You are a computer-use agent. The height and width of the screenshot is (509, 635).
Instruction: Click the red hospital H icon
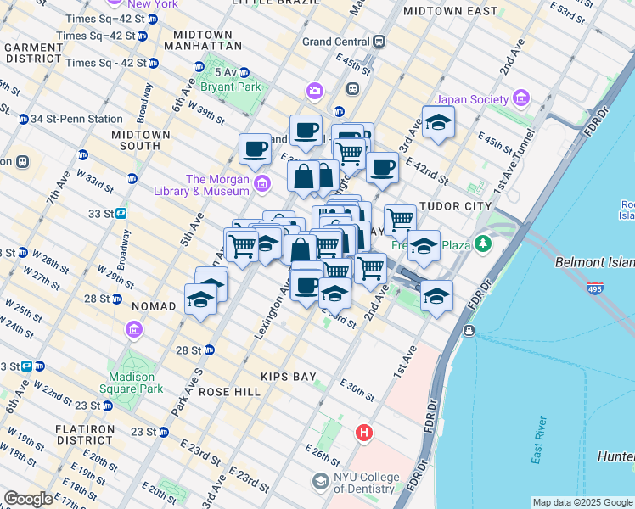point(365,433)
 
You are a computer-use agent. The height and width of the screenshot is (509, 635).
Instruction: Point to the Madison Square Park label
point(132,383)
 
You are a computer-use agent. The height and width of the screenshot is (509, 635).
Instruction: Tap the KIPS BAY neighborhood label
point(281,376)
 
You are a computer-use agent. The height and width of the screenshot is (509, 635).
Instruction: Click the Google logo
point(28,499)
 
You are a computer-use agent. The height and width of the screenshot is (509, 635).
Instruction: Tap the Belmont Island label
point(594,263)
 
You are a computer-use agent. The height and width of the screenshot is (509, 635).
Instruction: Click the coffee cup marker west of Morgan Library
point(254,149)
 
